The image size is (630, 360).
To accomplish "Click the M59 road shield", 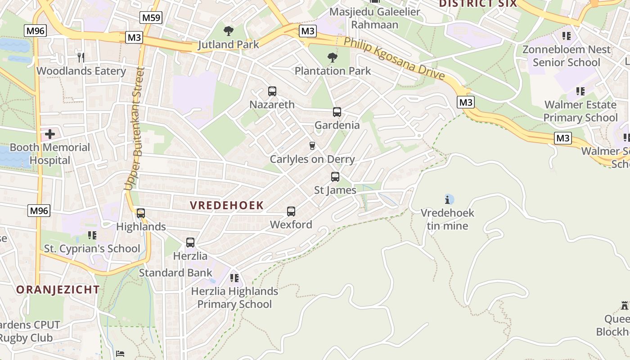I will pos(151,18).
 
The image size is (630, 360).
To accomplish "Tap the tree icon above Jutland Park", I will pos(229,31).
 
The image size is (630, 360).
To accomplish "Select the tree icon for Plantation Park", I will pos(333,57).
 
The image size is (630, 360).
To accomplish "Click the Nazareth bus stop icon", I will pos(272,91).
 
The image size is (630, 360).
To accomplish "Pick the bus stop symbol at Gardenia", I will pos(337,112).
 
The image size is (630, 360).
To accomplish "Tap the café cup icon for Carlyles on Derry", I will pos(312,146).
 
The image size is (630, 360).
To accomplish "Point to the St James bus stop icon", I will pos(335,177).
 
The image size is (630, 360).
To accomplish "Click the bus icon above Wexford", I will pos(291,211).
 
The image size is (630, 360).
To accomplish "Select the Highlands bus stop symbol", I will pos(141,213).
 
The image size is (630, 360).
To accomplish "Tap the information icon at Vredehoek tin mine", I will pos(448,199).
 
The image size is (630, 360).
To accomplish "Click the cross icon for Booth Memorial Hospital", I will pos(50,134).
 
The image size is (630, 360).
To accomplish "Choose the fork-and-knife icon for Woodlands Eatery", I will pos(81,57).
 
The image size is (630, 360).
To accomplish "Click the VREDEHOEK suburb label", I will pos(226,205).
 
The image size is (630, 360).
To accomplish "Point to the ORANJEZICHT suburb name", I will pos(58,289).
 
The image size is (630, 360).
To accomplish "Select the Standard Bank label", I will pos(175,273).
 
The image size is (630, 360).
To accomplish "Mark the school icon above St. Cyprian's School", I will pos(92,235).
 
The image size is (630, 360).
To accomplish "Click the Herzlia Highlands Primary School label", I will pos(234,297).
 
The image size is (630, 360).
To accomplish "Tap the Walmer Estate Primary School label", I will pos(580,111).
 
